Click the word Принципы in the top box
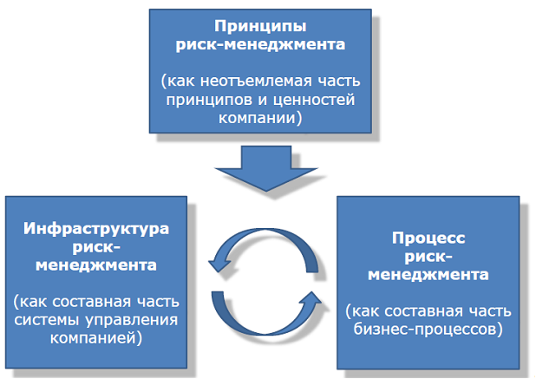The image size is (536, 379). point(260,27)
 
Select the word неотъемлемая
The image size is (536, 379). point(257,82)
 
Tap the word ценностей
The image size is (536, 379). point(314,101)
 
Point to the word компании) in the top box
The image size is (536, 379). point(260,118)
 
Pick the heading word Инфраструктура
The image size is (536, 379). point(96,229)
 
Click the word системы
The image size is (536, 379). point(47,321)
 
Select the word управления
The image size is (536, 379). point(132,321)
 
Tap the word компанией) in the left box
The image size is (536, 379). point(96,339)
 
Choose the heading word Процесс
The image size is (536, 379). point(428,239)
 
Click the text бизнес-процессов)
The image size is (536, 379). point(428,330)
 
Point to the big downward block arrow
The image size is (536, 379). point(266,168)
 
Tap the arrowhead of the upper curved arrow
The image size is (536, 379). point(219,264)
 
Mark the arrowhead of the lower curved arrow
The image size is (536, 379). point(310,300)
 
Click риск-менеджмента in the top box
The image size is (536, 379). point(260,45)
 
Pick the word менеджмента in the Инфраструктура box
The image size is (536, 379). point(96,265)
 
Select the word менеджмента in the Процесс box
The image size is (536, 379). point(428,275)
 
